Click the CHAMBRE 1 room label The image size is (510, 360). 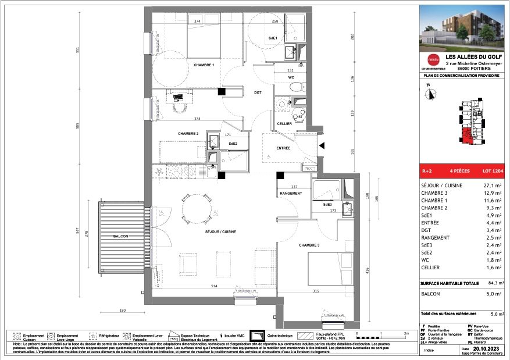[204, 65]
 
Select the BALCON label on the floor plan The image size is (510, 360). [121, 236]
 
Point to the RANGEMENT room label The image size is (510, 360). [291, 193]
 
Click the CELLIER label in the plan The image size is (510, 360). [284, 124]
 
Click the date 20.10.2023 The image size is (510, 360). [487, 347]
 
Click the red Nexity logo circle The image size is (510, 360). [432, 59]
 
